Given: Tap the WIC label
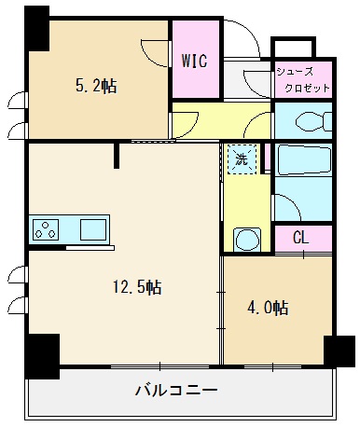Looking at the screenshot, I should click(194, 62).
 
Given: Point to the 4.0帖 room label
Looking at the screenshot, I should click(269, 308).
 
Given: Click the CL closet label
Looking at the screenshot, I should click(301, 238).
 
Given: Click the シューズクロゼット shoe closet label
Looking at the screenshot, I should click(301, 79).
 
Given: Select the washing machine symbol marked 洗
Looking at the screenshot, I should click(242, 159).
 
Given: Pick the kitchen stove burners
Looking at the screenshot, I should click(47, 227).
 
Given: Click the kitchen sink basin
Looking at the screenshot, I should click(94, 228).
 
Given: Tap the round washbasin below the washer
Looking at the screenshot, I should click(247, 240).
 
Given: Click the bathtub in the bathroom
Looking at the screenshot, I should click(304, 163).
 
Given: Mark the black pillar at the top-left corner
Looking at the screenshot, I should click(36, 29).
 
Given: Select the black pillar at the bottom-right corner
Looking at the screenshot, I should click(337, 352).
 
